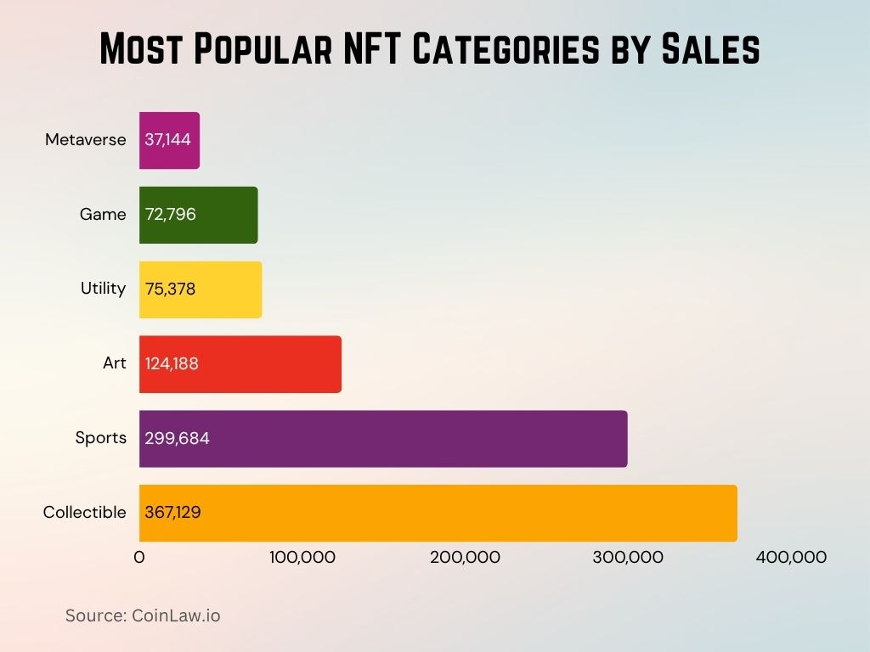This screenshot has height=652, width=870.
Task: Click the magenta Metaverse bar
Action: point(170,140)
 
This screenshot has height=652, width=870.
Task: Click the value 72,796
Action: point(171,215)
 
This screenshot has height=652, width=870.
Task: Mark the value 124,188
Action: point(172,364)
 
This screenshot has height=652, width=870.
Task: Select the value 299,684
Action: point(178,439)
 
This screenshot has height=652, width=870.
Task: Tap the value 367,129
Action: point(173,513)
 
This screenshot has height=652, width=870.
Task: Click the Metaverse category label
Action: point(86,140)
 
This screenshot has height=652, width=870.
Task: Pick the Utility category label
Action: point(103,289)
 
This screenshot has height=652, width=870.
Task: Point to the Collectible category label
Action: point(84,513)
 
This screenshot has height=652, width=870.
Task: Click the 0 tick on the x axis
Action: point(139,558)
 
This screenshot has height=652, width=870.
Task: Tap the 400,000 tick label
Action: point(791,558)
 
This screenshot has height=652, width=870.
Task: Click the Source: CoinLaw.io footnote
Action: point(143,615)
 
